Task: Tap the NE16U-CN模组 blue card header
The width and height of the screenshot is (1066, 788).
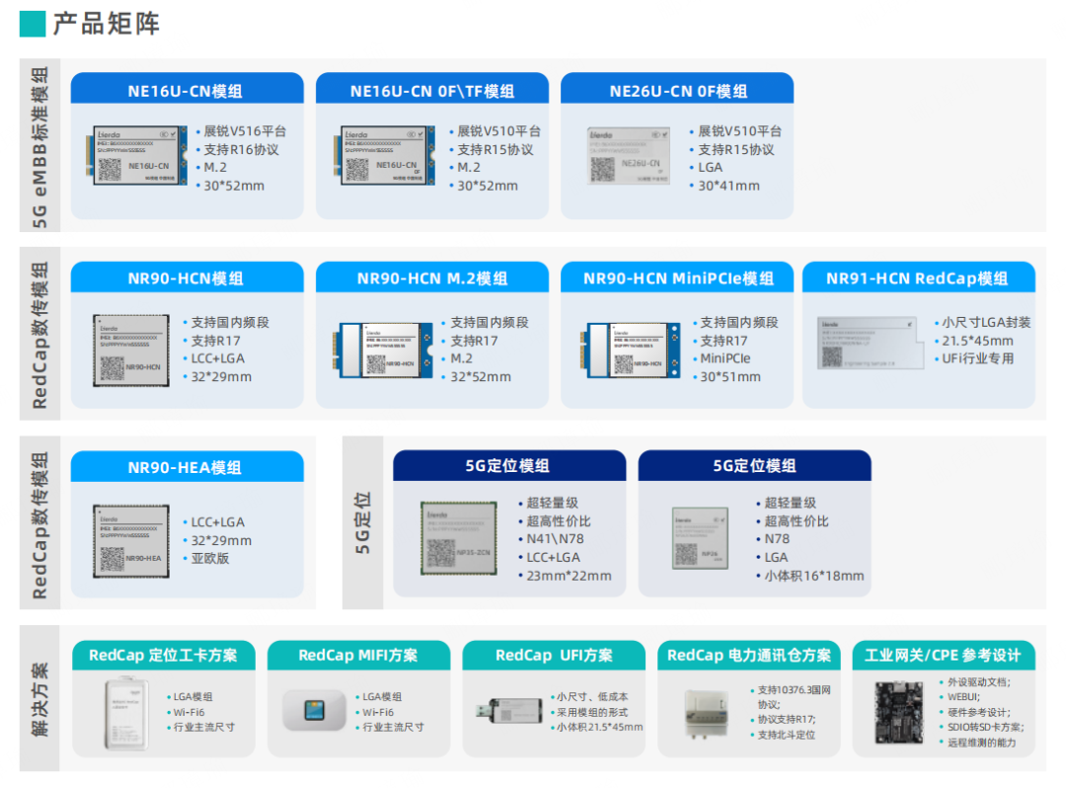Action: (x=186, y=91)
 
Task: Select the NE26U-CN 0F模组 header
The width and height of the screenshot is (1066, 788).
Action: (x=677, y=91)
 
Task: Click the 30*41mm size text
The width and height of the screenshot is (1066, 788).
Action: (x=729, y=186)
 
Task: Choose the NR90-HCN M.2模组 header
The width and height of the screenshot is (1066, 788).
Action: (x=431, y=278)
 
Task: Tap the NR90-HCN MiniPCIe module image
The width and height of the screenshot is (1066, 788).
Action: (x=633, y=349)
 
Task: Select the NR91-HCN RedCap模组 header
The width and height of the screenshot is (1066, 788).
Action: (x=917, y=278)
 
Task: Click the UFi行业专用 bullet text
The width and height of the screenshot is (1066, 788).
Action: (x=979, y=358)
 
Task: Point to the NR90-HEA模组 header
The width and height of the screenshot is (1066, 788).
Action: (x=186, y=467)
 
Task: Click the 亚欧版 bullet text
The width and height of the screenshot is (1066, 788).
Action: (x=211, y=558)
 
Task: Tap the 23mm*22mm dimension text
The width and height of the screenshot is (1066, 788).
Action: (x=569, y=576)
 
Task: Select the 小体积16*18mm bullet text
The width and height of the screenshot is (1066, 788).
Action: (x=814, y=576)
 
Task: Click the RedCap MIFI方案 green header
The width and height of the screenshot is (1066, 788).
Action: (x=357, y=656)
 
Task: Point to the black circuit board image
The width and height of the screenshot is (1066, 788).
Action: (x=890, y=710)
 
